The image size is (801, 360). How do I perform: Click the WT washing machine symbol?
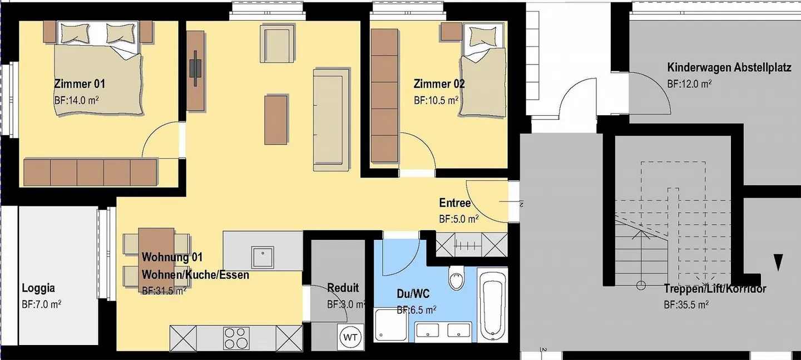pos(349,337)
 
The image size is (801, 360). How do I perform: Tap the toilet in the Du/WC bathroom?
pos(457,278)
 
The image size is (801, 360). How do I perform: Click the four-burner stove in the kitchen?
pos(236,336)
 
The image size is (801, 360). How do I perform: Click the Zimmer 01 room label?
pos(80,84)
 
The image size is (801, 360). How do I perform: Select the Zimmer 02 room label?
pos(439,84)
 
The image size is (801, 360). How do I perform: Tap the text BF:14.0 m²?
pos(77,100)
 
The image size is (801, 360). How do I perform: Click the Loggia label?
pos(38,288)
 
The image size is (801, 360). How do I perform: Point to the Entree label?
pos(454,203)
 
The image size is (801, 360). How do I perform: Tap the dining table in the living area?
pos(156,259)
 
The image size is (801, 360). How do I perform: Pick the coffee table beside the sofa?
pos(276,119)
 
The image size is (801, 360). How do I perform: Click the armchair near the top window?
pos(276,46)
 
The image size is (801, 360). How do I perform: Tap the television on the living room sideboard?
pos(196,68)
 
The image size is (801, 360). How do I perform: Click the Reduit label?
pos(343,288)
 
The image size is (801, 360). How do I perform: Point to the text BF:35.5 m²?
pos(686,305)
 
